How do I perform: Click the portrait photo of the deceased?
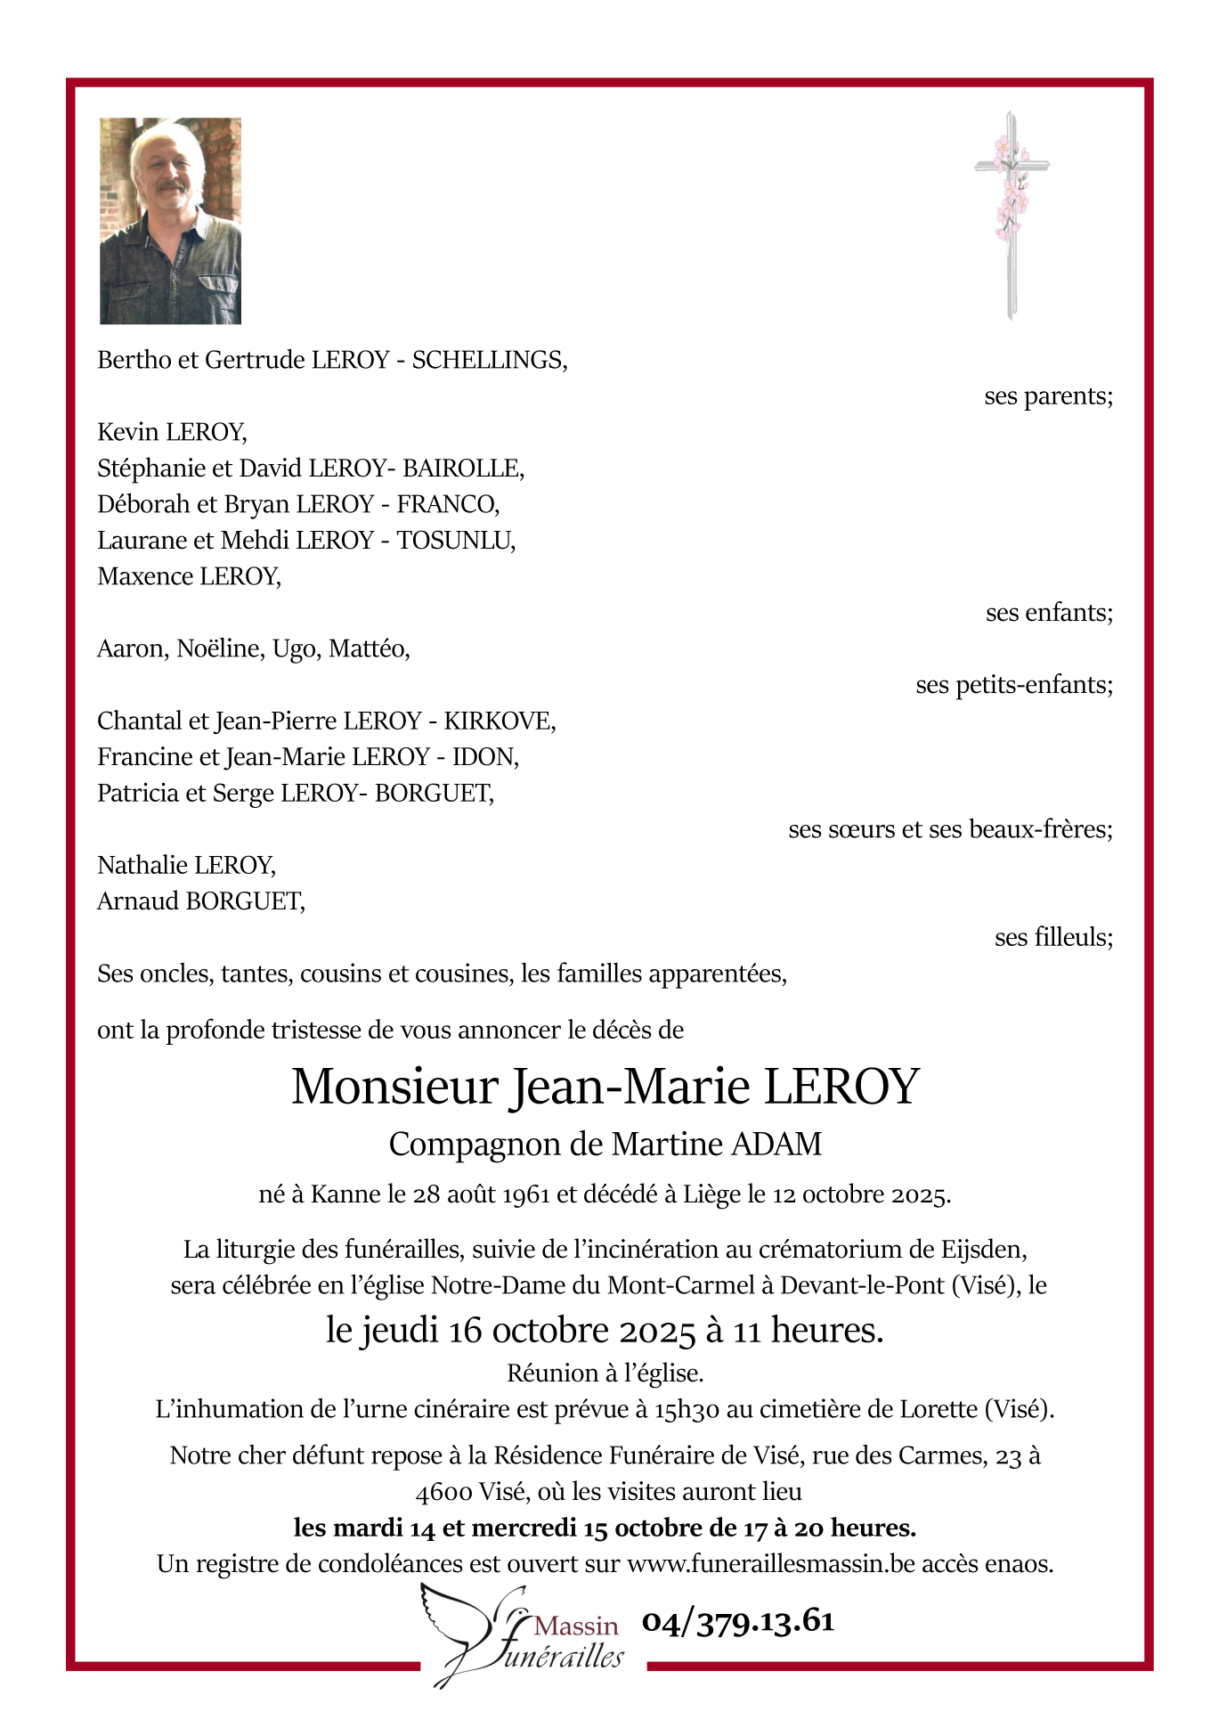point(170,221)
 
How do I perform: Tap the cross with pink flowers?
point(1011,214)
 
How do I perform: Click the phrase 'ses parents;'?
point(1048,396)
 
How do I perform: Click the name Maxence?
point(145,577)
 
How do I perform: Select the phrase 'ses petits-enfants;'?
point(1013,685)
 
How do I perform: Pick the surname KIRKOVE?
point(498,721)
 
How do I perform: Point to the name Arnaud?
point(138,901)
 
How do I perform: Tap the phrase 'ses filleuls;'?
point(1053,938)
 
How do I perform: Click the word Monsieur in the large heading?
point(394,1088)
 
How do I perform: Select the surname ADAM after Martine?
point(776,1145)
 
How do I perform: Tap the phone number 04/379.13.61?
point(738,1622)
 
